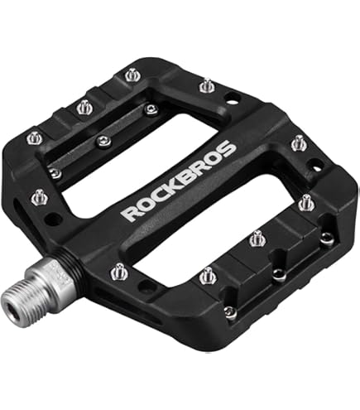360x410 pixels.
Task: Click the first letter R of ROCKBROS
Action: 131,213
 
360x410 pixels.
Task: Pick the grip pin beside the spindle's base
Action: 119,272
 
